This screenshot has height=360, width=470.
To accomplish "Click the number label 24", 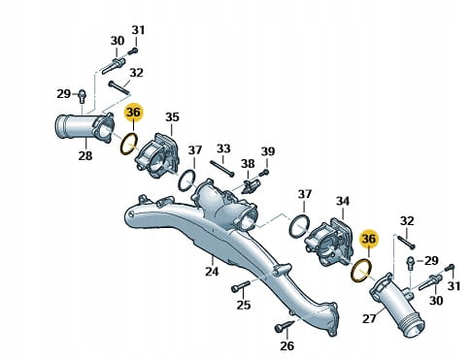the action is tap(212, 271).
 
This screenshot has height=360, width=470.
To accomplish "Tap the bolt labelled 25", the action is tap(241, 286).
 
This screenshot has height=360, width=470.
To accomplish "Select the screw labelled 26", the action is tap(285, 325).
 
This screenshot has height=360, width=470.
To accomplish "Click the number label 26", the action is tap(286, 345).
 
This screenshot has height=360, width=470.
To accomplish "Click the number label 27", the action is tap(369, 318).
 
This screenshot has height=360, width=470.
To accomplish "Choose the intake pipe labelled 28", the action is tap(84, 127).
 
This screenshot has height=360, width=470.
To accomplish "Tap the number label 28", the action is tap(85, 155).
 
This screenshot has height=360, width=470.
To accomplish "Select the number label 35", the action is tap(172, 117).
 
